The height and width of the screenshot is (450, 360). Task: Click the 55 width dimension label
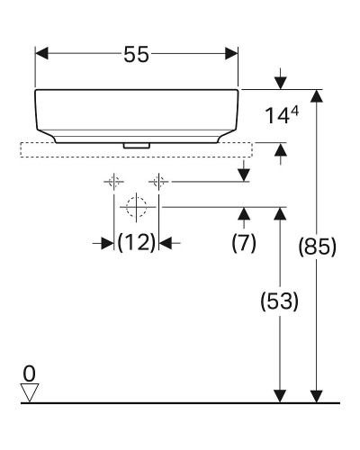click(x=137, y=54)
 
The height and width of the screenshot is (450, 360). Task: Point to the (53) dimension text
click(x=280, y=301)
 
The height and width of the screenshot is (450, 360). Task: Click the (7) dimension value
click(x=244, y=242)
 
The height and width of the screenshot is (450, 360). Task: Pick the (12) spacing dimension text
click(x=137, y=242)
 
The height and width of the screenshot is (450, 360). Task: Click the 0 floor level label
click(x=30, y=372)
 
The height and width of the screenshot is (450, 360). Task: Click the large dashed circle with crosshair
click(x=137, y=207)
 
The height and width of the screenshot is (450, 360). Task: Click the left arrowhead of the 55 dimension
click(x=41, y=54)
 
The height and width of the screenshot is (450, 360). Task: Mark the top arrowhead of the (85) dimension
click(x=316, y=96)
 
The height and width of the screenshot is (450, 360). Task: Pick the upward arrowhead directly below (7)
click(x=244, y=213)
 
